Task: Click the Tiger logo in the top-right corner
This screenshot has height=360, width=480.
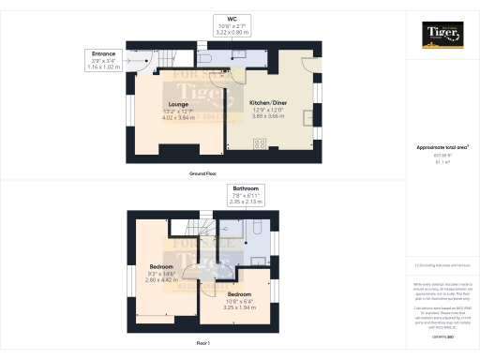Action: (442, 37)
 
